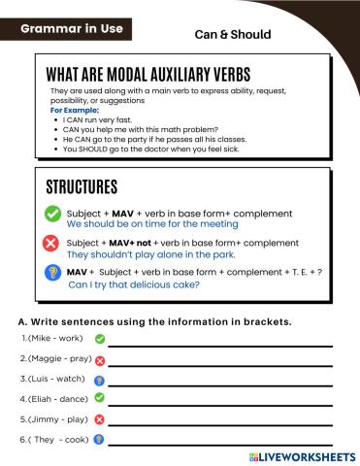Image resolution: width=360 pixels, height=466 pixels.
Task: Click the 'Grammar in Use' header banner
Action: click(72, 29)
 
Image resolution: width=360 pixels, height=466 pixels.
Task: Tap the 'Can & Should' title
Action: click(232, 34)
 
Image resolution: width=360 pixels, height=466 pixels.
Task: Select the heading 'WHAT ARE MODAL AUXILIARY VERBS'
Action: click(147, 75)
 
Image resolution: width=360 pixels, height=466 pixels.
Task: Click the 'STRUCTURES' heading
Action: click(82, 186)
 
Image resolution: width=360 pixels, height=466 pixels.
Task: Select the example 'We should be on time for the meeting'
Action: click(152, 223)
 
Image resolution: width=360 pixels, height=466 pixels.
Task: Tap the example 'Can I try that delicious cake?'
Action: click(134, 285)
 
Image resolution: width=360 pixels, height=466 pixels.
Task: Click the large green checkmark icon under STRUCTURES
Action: click(51, 214)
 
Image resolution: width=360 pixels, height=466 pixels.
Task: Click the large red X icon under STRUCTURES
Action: click(51, 244)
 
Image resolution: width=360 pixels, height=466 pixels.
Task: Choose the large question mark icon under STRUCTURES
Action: click(51, 275)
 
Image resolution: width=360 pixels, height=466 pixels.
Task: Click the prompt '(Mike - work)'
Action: click(52, 339)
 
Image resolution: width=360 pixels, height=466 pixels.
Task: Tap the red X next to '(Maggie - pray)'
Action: click(100, 360)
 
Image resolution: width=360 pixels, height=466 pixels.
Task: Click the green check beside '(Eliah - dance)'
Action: click(99, 398)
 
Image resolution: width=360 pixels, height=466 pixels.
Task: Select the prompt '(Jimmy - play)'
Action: click(54, 419)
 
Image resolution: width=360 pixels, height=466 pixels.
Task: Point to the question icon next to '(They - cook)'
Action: click(99, 440)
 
